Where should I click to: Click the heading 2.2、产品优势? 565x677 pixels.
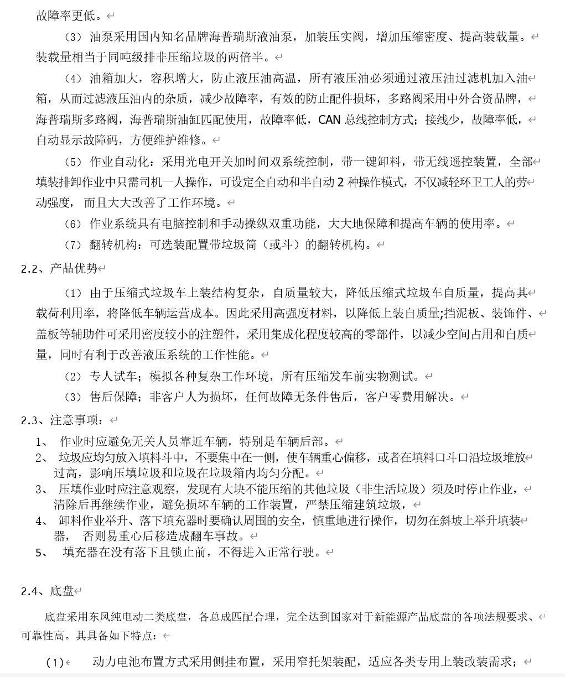[59, 268]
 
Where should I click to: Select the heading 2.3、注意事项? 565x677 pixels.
[62, 420]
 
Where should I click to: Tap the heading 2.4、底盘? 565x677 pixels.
[48, 591]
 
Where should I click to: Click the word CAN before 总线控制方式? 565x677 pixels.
[329, 119]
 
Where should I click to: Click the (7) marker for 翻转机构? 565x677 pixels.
[73, 244]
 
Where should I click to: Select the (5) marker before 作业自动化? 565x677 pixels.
[73, 162]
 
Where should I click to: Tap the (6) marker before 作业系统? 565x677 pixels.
[73, 224]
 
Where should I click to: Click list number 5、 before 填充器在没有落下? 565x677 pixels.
[42, 552]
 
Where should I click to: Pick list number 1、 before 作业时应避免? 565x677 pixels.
[42, 441]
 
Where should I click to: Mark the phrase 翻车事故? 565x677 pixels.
[222, 536]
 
